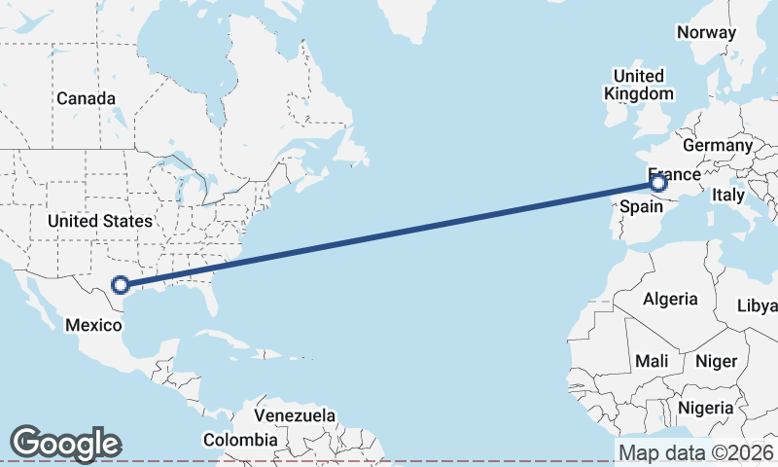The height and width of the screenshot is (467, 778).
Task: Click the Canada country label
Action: tap(86, 99)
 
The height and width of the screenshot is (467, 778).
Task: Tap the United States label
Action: tap(100, 221)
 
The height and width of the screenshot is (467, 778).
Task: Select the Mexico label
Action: tap(92, 324)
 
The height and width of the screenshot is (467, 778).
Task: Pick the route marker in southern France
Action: tap(658, 182)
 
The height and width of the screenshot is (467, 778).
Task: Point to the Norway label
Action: tap(706, 32)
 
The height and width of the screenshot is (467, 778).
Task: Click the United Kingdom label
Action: tap(638, 85)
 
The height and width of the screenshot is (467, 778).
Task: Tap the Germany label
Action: tap(718, 145)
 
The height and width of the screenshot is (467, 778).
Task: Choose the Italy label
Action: tap(728, 195)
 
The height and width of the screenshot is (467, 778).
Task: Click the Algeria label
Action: tap(670, 299)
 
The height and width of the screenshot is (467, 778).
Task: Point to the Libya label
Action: tap(758, 305)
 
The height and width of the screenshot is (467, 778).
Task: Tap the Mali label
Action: tap(652, 361)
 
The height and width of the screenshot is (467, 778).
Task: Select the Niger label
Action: tap(716, 361)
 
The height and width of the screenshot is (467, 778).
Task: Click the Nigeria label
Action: tap(705, 407)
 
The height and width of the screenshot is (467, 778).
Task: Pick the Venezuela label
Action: tap(294, 415)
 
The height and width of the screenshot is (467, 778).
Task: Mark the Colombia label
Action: tap(239, 440)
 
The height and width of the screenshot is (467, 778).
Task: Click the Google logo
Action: tap(65, 444)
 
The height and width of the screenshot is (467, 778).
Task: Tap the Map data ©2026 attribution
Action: tap(695, 452)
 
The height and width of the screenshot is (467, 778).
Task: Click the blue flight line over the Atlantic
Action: tap(389, 233)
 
